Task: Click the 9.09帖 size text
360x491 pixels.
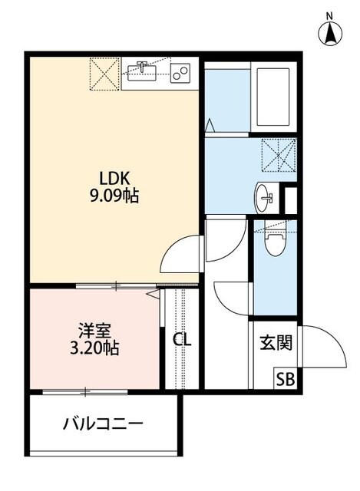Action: [x=113, y=196]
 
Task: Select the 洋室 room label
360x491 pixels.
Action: [x=95, y=331]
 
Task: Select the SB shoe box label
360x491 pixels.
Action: [x=285, y=378]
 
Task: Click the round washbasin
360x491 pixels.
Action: [x=266, y=197]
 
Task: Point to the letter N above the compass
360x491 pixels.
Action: [x=329, y=15]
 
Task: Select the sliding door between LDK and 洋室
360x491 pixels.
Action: [x=115, y=286]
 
